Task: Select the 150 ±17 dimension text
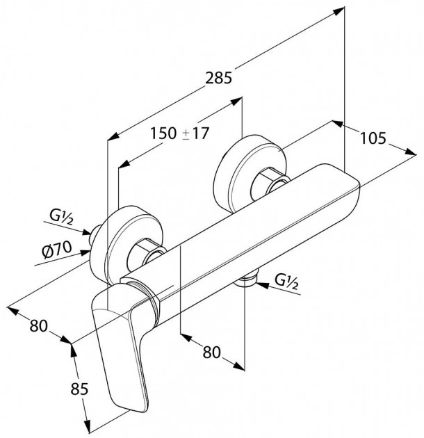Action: tap(180, 133)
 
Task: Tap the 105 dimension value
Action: tap(373, 139)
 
